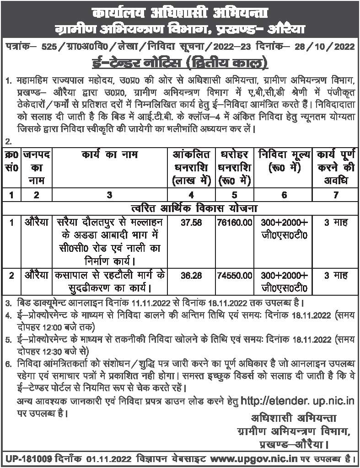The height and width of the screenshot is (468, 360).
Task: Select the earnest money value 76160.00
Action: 234,223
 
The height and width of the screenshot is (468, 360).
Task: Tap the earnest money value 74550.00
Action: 234,276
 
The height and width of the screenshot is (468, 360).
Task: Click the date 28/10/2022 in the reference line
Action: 323,47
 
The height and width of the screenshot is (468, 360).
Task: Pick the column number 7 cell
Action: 335,195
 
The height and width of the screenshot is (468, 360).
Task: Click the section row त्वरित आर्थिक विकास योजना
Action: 180,208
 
